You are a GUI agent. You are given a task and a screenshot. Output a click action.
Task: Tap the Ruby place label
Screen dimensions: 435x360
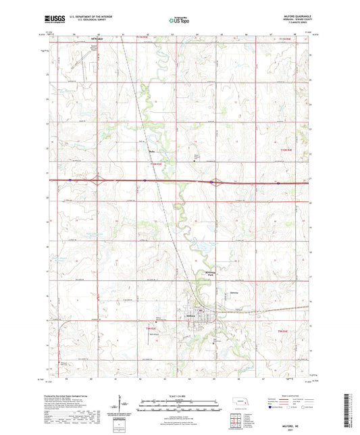click(151, 151)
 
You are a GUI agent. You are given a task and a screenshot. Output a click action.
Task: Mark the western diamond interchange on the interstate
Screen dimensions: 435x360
click(99, 180)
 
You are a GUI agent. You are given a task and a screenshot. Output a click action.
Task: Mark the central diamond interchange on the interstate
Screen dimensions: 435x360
click(213, 181)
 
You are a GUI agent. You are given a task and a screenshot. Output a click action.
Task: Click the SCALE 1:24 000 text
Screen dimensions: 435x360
click(180, 394)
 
